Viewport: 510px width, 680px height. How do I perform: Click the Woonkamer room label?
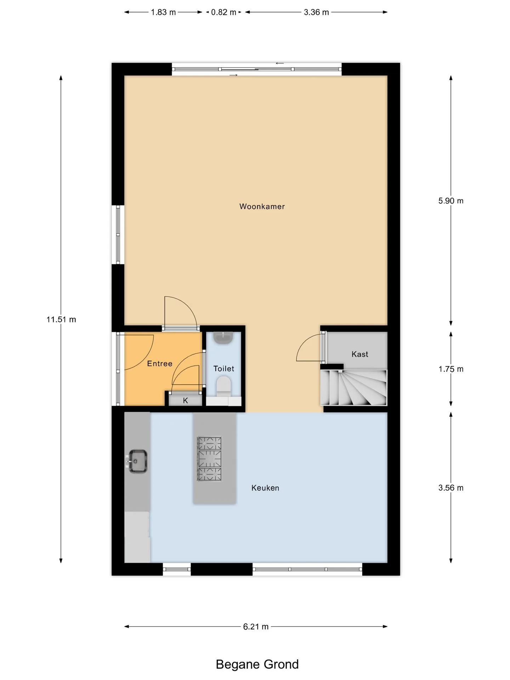262,206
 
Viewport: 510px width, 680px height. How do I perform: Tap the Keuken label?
265,488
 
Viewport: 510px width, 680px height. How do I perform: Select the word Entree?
160,363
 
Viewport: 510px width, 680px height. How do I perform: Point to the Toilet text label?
224,369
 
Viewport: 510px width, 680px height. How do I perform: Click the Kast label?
360,354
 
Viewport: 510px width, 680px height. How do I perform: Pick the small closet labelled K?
185,401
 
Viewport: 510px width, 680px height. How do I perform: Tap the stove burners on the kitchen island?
209,459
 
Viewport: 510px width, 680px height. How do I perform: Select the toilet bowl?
223,386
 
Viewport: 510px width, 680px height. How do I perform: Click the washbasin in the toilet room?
223,338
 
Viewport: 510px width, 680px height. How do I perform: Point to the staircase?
353,388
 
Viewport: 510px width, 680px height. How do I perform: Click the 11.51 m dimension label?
61,319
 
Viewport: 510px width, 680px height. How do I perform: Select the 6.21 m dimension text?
256,627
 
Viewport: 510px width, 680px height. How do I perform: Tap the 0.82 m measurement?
223,12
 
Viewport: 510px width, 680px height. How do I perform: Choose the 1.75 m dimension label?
451,369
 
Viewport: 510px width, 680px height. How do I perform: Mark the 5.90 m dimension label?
451,201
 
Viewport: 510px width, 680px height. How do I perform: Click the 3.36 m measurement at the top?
316,12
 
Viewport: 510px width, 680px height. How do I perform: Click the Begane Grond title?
257,664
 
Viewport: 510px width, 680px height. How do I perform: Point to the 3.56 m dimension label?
451,488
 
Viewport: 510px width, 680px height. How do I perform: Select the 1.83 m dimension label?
163,12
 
